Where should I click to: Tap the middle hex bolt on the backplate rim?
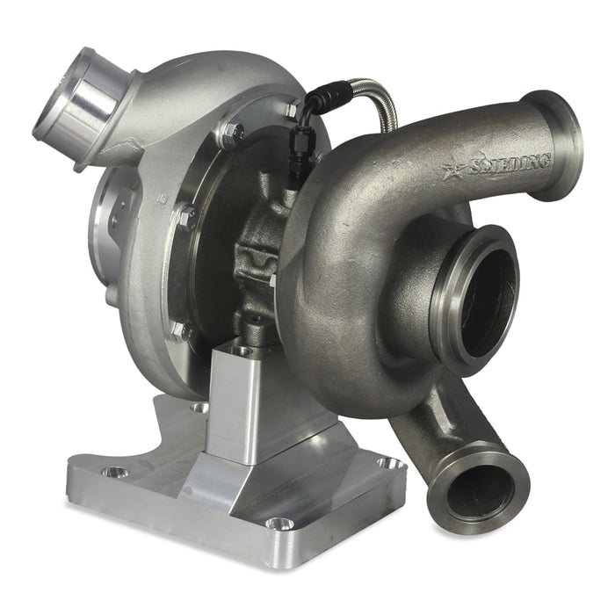coord(185,215)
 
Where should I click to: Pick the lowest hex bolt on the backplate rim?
coord(179,331)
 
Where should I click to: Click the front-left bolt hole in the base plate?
coord(114,472)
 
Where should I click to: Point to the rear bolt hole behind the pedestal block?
coord(200,407)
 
